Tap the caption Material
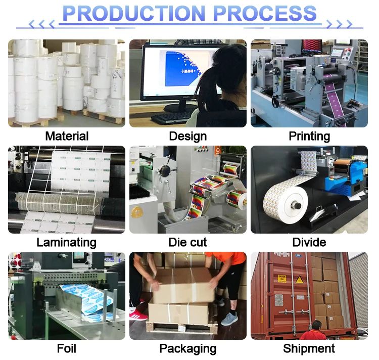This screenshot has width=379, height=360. point(67,136)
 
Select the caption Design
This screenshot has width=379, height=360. point(188,136)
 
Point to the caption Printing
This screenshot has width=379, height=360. point(309,136)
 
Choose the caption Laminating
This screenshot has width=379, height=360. point(67,242)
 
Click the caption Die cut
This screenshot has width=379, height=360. point(188,242)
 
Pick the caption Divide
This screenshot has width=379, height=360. point(309,242)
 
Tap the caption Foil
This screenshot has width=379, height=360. point(67,348)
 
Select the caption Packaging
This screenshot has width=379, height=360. point(188,348)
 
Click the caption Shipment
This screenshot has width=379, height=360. point(309,348)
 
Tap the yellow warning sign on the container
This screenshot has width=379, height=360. point(282,278)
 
